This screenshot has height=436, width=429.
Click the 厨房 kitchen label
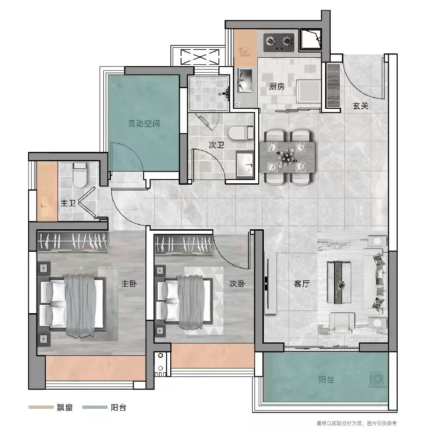[276, 86]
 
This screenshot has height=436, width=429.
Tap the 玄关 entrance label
[360, 105]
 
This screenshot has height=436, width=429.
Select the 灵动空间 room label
[144, 123]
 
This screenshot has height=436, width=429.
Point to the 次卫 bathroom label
[217, 145]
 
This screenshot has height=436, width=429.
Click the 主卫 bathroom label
[68, 203]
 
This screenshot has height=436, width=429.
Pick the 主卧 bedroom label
[129, 284]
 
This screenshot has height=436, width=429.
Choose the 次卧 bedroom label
[237, 284]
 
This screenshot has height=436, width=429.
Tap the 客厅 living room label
[302, 284]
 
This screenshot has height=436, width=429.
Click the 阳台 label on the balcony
[326, 379]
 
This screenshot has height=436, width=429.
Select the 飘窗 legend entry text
[65, 407]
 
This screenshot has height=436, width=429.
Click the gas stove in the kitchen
[279, 43]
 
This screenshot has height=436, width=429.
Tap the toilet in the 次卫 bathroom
[241, 133]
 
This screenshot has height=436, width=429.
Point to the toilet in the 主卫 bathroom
[80, 175]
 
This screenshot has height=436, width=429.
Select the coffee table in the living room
[339, 282]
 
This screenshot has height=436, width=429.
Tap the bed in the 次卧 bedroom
[184, 302]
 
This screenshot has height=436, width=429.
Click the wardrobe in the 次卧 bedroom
[184, 245]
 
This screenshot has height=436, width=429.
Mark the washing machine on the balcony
[378, 378]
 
